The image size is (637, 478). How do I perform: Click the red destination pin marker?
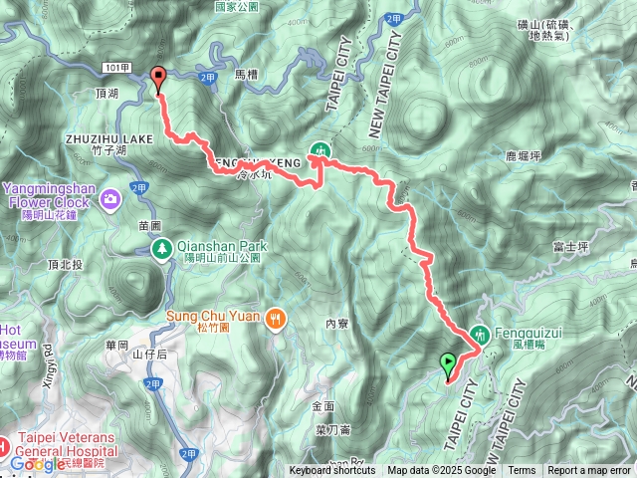click(x=157, y=77)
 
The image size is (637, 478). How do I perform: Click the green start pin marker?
click(x=447, y=365)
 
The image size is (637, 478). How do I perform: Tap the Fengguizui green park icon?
click(x=480, y=334)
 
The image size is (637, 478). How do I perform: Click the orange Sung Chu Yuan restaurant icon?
click(x=276, y=319)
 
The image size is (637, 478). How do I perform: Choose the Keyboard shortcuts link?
click(x=334, y=471)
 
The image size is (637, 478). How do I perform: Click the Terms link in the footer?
click(x=522, y=471)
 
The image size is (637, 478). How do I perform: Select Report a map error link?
click(x=589, y=471)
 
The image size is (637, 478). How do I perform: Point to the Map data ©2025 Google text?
click(x=441, y=471)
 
